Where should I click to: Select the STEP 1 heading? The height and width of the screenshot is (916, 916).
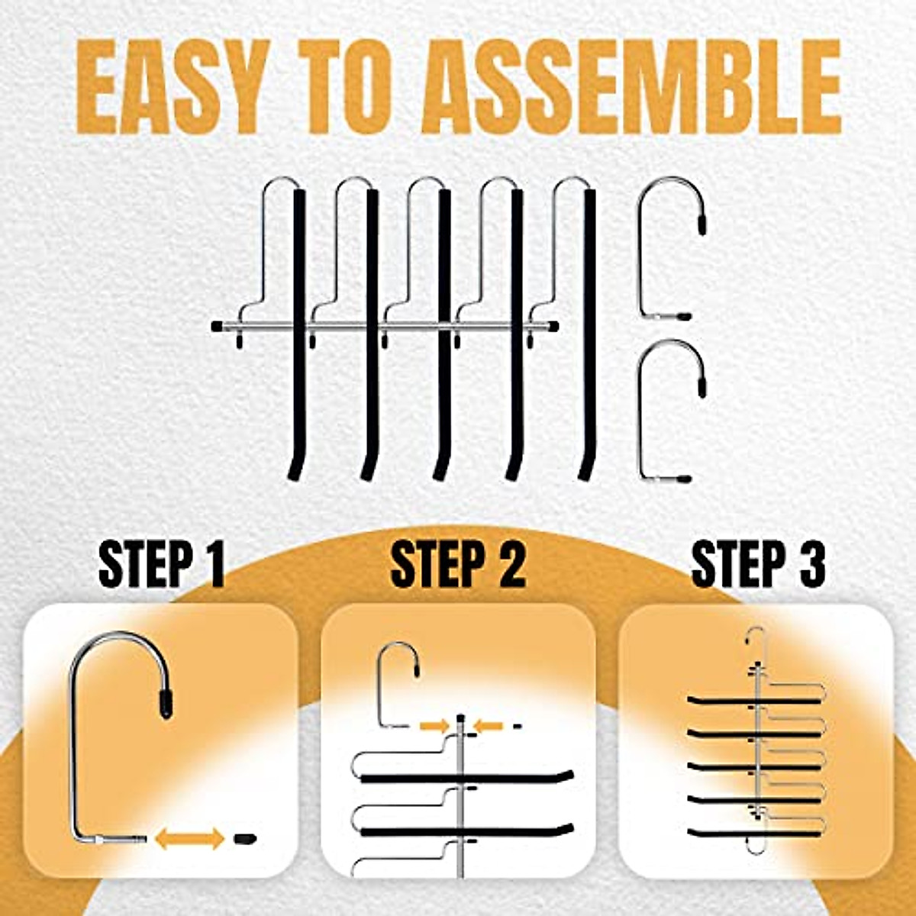[162, 565]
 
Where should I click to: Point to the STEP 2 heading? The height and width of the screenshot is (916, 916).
[457, 565]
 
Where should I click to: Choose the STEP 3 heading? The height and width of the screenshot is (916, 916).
[758, 565]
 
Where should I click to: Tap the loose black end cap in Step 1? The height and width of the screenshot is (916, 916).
[244, 838]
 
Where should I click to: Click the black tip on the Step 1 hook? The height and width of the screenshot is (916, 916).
[165, 704]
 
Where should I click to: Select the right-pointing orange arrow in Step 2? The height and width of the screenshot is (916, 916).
[435, 726]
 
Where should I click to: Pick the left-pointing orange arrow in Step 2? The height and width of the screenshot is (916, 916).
[489, 726]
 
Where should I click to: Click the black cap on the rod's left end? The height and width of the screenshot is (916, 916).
[217, 326]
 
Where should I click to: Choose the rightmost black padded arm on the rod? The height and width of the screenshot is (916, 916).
[587, 336]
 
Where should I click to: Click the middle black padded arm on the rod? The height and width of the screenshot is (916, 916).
[443, 336]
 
